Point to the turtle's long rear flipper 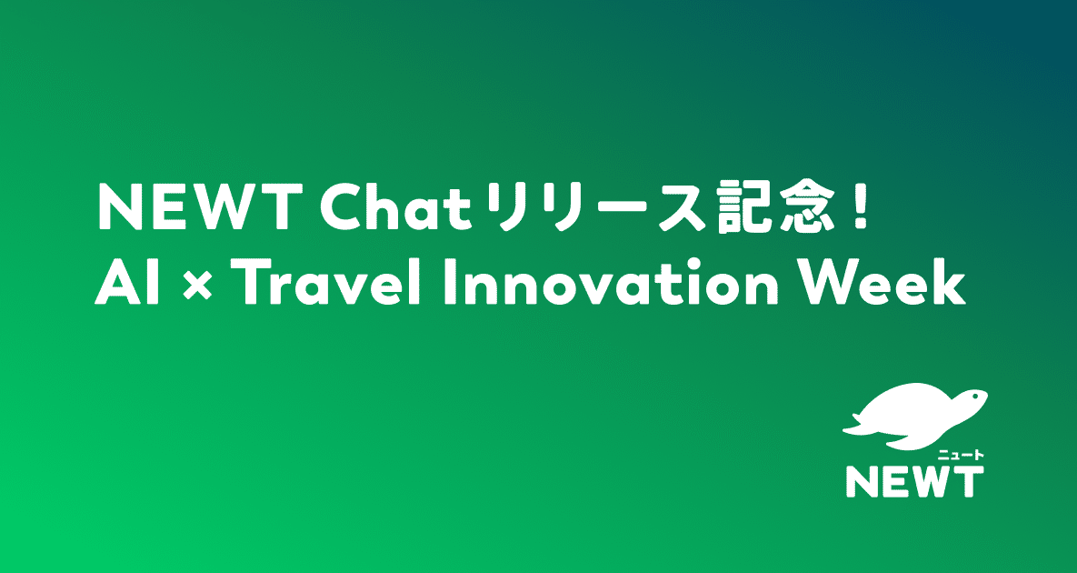859,425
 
